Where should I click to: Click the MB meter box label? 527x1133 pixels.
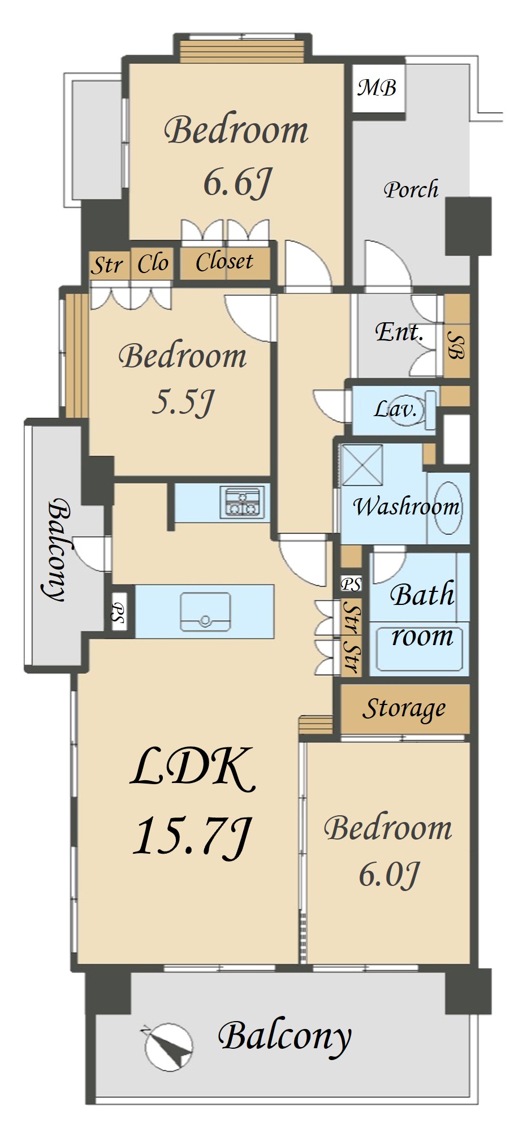click(377, 88)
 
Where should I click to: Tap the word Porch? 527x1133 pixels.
click(411, 189)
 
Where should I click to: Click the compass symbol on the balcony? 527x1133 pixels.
click(168, 1047)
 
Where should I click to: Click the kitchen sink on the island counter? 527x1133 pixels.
click(205, 612)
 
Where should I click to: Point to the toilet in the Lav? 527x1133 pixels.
click(412, 408)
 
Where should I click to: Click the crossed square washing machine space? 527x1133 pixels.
click(362, 465)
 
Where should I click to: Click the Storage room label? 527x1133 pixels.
click(404, 709)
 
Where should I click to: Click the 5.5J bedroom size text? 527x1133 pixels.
click(183, 403)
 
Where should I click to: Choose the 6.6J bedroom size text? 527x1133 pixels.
click(237, 182)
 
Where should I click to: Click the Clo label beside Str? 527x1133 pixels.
click(153, 263)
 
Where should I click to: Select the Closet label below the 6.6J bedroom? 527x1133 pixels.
click(224, 262)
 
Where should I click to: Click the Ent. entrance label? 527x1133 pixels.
click(399, 332)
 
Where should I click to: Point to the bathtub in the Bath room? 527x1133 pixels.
click(419, 648)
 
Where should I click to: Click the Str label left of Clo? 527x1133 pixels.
click(107, 265)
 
